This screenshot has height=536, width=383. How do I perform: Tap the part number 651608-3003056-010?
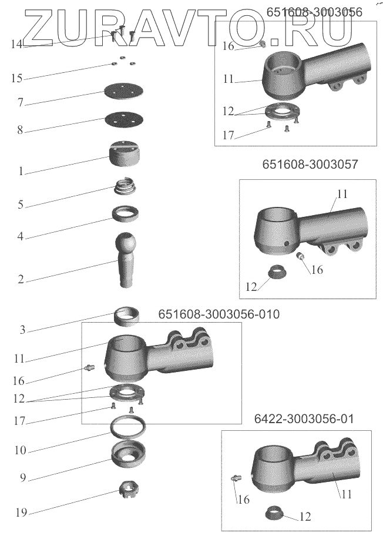click(x=219, y=314)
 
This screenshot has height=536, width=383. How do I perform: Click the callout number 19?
click(x=21, y=513)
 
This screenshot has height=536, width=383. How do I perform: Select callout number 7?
click(x=20, y=103)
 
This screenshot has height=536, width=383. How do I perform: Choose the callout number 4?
click(x=20, y=237)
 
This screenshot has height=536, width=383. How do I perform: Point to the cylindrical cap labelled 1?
click(x=124, y=154)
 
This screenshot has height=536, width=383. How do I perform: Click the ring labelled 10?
click(x=127, y=426)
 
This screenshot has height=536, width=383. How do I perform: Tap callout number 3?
click(x=22, y=330)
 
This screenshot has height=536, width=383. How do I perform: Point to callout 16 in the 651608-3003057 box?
click(x=317, y=270)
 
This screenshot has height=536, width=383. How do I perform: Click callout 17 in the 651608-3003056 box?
click(x=228, y=135)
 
